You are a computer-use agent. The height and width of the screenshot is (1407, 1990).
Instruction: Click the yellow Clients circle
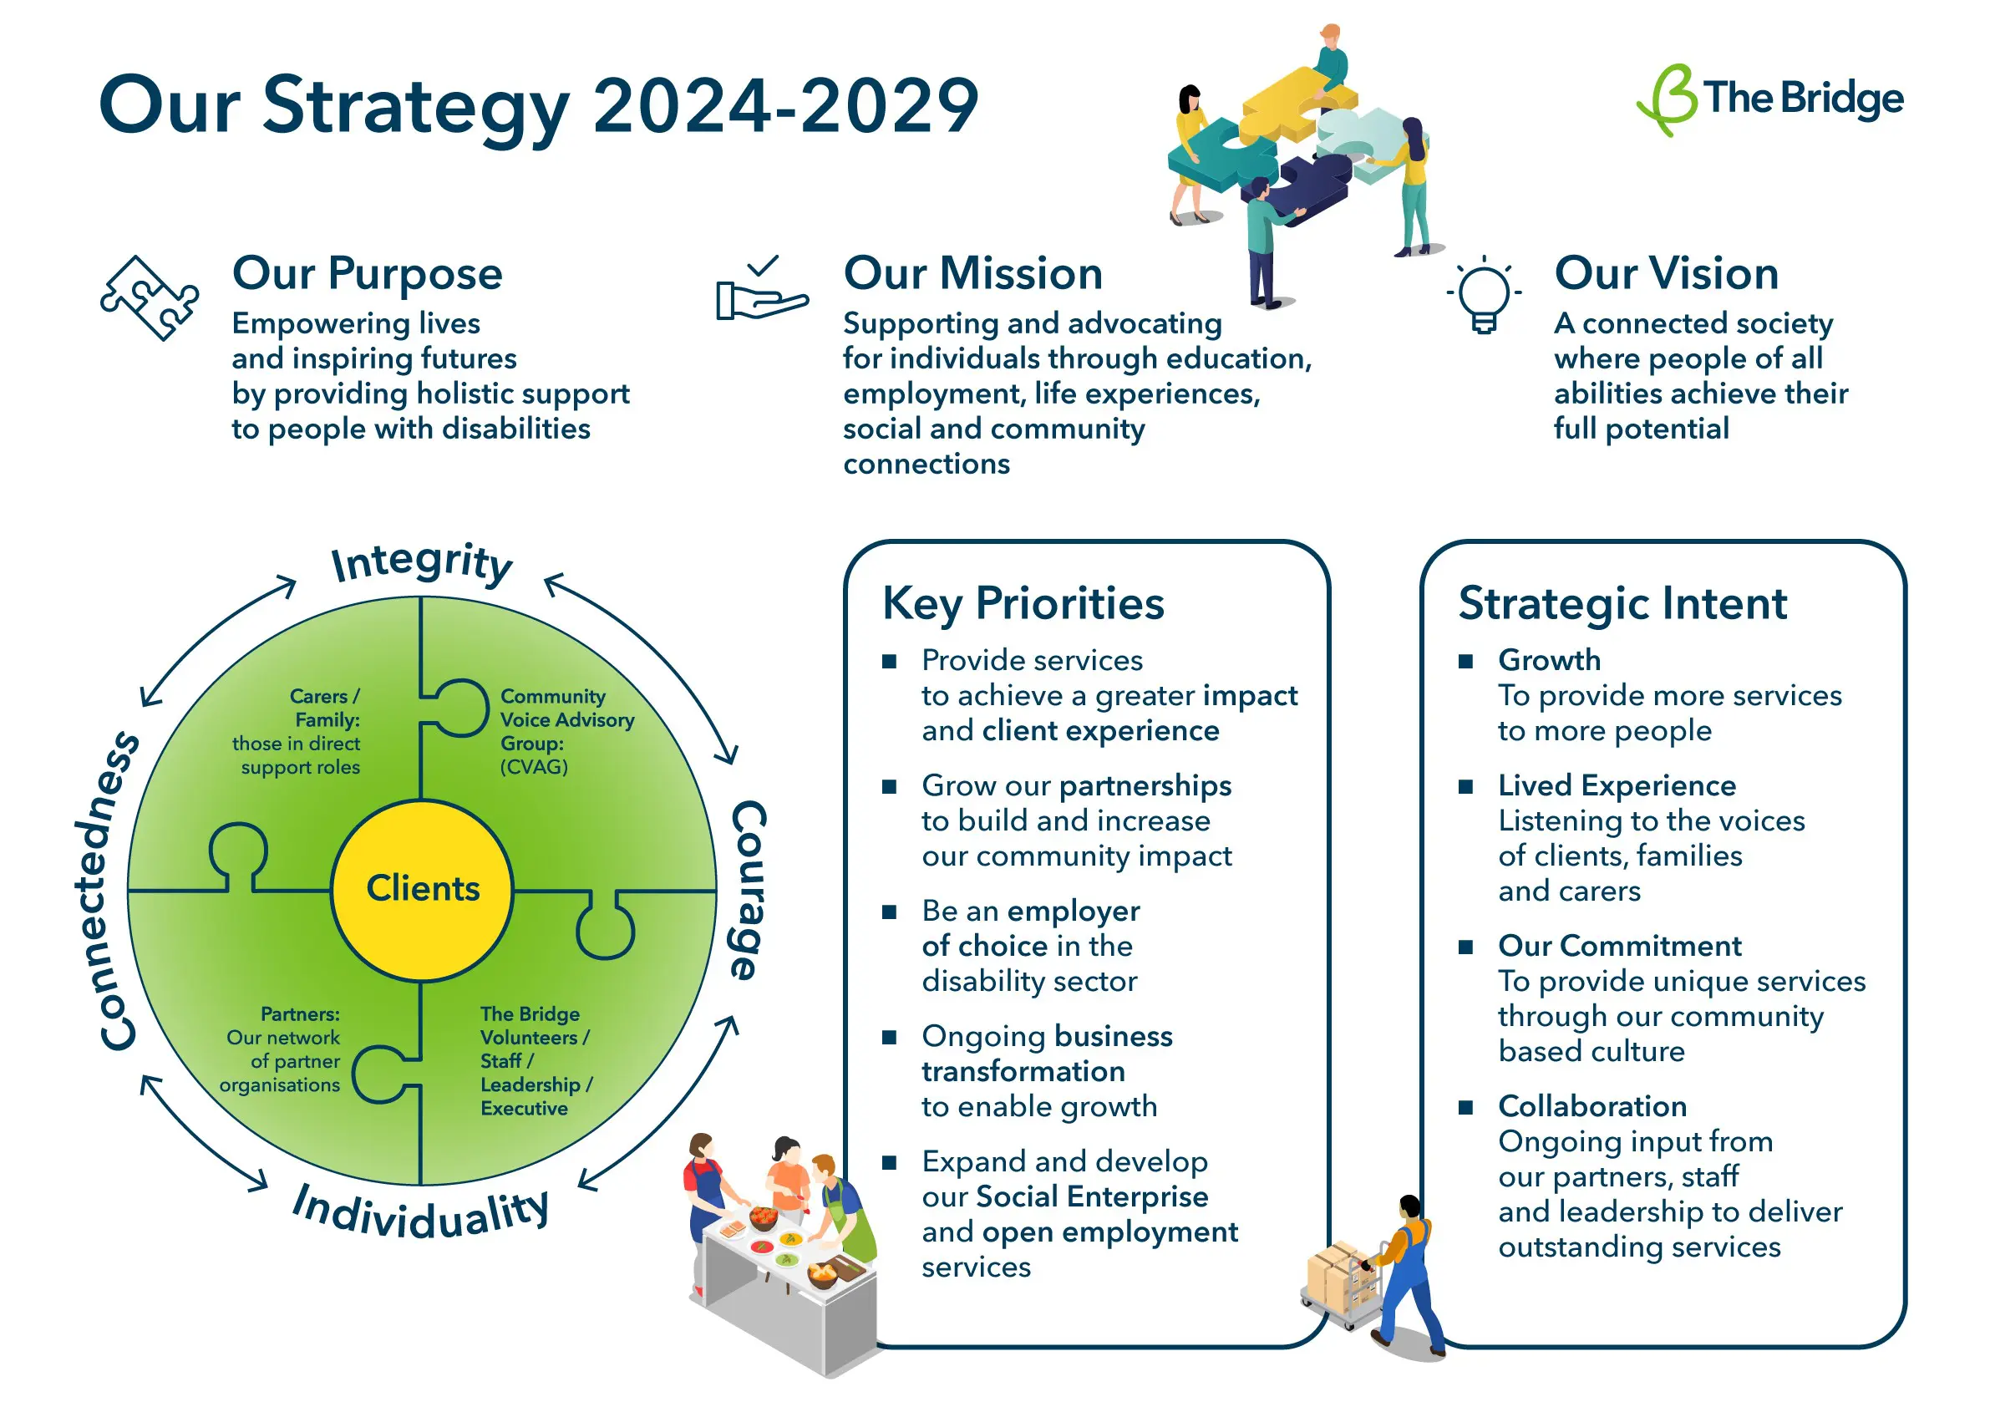pyautogui.click(x=423, y=891)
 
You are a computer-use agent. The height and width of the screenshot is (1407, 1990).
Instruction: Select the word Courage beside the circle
pyautogui.click(x=749, y=891)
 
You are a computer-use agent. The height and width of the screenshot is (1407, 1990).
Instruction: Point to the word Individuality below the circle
pyautogui.click(x=421, y=1212)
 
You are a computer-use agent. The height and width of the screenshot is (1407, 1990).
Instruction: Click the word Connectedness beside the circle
pyautogui.click(x=108, y=891)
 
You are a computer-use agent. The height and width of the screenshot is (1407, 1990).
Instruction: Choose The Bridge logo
pyautogui.click(x=1769, y=99)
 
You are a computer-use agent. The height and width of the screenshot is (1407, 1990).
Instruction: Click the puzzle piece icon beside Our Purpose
pyautogui.click(x=149, y=297)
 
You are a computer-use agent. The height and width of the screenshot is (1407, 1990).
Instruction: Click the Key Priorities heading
pyautogui.click(x=1023, y=604)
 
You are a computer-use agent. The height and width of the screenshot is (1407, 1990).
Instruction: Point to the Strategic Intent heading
pyautogui.click(x=1622, y=603)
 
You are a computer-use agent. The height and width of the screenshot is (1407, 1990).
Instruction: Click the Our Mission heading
pyautogui.click(x=972, y=273)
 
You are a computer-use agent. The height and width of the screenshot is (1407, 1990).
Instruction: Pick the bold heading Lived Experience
pyautogui.click(x=1617, y=786)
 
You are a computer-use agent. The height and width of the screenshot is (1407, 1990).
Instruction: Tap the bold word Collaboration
pyautogui.click(x=1593, y=1106)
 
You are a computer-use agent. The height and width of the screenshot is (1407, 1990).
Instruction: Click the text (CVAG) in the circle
pyautogui.click(x=534, y=767)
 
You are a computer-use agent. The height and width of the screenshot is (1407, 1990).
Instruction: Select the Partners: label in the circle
pyautogui.click(x=300, y=1013)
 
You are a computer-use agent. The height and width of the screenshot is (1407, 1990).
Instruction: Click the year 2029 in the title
pyautogui.click(x=889, y=106)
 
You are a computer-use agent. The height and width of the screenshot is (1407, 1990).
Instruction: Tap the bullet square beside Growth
pyautogui.click(x=1465, y=662)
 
